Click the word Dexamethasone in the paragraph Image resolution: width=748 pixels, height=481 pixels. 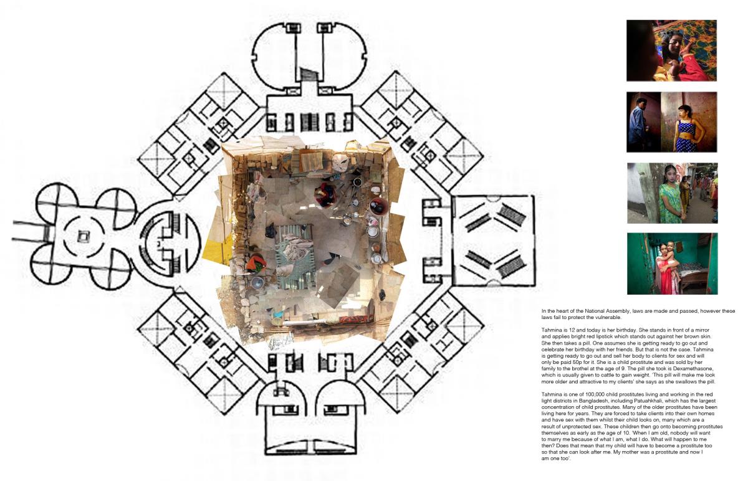(x=695, y=369)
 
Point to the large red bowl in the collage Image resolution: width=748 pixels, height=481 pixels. (x=379, y=206)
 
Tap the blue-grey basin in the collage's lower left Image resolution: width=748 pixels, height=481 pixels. (x=256, y=282)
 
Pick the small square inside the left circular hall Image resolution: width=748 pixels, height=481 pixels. (x=82, y=237)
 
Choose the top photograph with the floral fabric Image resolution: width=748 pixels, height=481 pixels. (x=671, y=50)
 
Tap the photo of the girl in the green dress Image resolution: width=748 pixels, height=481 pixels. (x=673, y=193)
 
